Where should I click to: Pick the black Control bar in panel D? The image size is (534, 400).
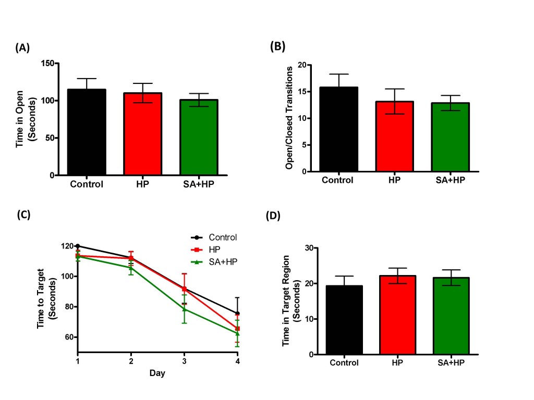pos(344,320)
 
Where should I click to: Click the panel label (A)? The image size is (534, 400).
pos(22,48)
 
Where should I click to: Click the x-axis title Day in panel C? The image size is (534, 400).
pos(157,373)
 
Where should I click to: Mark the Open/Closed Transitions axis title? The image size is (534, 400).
pos(288,118)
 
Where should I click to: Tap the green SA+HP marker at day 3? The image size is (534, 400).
pos(184,309)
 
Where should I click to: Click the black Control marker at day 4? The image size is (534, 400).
pos(237,314)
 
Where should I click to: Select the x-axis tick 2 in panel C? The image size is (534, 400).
pos(131,361)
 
